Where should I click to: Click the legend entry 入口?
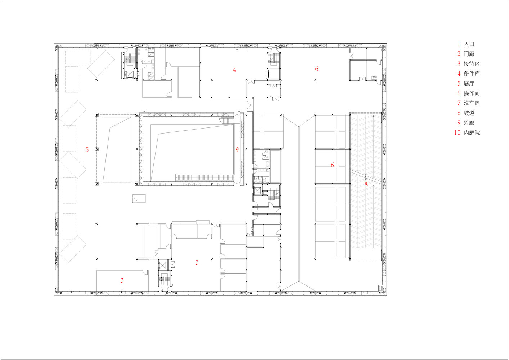[469, 44]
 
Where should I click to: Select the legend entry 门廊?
[469, 54]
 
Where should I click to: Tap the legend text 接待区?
[472, 64]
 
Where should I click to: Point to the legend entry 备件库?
[472, 74]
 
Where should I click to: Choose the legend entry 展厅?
[469, 84]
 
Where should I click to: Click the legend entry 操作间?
[472, 93]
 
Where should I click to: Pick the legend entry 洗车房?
[472, 103]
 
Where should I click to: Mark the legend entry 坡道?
[469, 113]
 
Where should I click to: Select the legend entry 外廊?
[469, 123]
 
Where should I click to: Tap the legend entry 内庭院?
[472, 133]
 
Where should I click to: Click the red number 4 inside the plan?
[235, 69]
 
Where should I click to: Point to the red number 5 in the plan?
[87, 149]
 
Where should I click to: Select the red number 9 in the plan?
[237, 149]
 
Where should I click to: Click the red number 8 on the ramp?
[366, 184]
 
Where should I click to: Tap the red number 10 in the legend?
[458, 133]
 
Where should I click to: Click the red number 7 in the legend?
[459, 103]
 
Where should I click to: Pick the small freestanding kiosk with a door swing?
[139, 199]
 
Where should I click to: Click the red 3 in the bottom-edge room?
[122, 280]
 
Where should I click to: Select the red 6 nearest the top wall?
[317, 69]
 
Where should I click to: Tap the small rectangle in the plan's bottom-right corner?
[380, 288]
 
